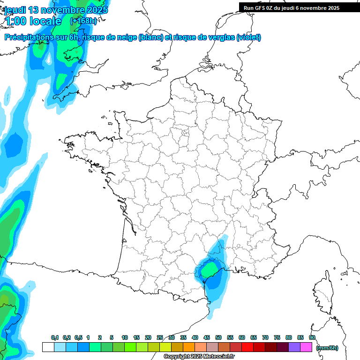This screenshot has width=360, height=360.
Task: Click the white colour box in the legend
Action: (x=48, y=347)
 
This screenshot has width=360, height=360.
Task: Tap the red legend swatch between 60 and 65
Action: (x=247, y=347)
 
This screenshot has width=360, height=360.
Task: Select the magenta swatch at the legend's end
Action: (x=306, y=347)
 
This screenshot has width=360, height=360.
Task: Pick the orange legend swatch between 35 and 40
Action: (x=189, y=347)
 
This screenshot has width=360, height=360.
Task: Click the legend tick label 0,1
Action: (x=55, y=337)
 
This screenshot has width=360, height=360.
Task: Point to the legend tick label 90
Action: (x=312, y=337)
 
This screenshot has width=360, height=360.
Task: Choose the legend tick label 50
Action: (x=218, y=337)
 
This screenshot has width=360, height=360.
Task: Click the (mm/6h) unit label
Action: (x=327, y=347)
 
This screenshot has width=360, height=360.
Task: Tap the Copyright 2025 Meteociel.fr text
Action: (x=199, y=357)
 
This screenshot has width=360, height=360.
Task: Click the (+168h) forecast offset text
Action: (x=83, y=21)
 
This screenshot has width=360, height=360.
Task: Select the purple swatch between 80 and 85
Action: (x=294, y=347)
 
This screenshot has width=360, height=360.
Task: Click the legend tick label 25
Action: (x=160, y=337)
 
